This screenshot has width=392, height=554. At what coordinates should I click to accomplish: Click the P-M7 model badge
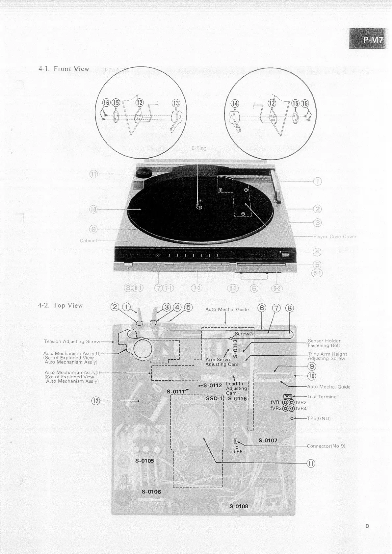pos(370,40)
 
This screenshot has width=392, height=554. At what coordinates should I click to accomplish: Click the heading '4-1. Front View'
pos(64,69)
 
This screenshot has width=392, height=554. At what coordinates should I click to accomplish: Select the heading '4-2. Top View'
pos(60,306)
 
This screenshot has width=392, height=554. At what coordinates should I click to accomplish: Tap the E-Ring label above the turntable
pos(199,148)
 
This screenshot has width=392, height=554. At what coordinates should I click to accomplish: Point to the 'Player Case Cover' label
pos(334,237)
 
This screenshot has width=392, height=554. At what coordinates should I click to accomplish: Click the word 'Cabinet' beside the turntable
pos(88,240)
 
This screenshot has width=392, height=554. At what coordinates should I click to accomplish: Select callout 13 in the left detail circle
pos(176,103)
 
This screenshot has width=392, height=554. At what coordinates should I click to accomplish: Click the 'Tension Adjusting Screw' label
pos(72,341)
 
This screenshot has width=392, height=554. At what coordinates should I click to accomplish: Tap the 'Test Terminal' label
pos(322,397)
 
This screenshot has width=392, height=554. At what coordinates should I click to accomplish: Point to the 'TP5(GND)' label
pos(319,418)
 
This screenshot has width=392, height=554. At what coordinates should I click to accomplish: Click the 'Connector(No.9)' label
pos(326,446)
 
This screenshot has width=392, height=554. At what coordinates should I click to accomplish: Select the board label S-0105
pos(144,461)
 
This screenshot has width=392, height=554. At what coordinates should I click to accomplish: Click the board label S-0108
pos(239,506)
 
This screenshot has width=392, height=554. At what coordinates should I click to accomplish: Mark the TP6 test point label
pos(238,452)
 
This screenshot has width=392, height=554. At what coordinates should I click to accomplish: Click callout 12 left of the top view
pos(95,401)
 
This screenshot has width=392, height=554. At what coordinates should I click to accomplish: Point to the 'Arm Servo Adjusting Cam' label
pos(218,362)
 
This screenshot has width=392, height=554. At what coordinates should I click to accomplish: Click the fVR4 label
pos(301,409)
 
